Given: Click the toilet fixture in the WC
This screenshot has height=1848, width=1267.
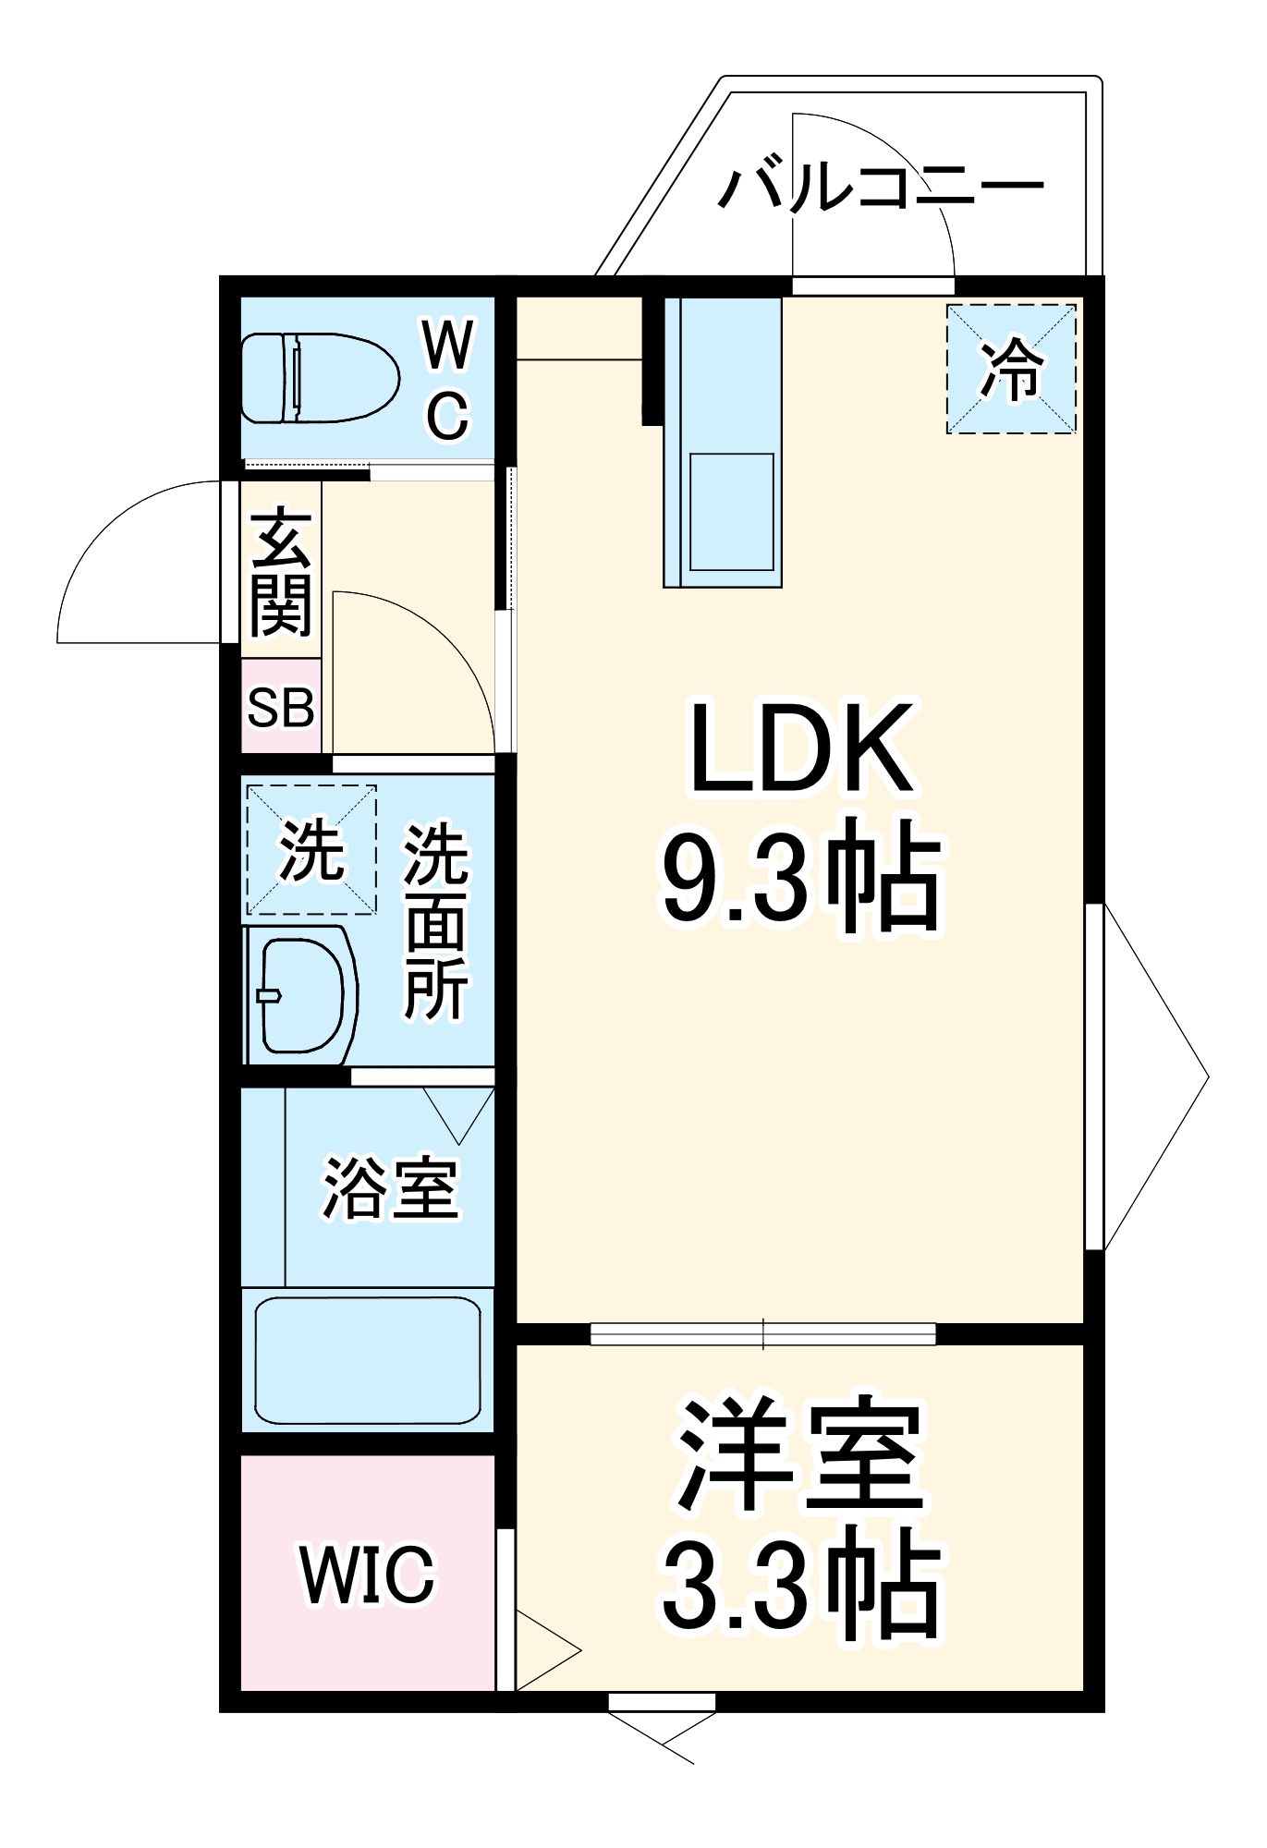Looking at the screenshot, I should coord(319,379).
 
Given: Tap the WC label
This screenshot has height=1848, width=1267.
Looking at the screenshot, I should coord(448,380).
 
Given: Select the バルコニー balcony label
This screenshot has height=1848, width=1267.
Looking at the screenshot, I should coord(881,188).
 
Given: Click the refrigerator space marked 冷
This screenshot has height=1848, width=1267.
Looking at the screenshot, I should coord(1011,369).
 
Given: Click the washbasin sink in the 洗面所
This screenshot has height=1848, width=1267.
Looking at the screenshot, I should coord(300,995).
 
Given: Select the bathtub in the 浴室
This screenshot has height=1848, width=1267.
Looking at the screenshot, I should coord(367,1359).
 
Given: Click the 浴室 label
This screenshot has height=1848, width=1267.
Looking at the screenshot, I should coord(390,1188).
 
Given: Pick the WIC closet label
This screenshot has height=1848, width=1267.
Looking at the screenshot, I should coord(367,1574).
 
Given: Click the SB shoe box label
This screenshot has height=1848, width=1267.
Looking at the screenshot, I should coord(281,708).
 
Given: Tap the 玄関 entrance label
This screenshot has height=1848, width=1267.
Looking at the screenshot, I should coord(281,573).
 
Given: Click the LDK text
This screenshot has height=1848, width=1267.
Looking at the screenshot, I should coord(802,749).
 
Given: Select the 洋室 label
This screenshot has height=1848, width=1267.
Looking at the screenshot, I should coord(802,1454).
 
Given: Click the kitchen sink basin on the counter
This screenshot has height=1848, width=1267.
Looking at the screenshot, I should coord(732,511).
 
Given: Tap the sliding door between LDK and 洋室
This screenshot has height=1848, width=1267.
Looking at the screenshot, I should coord(762,1333).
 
